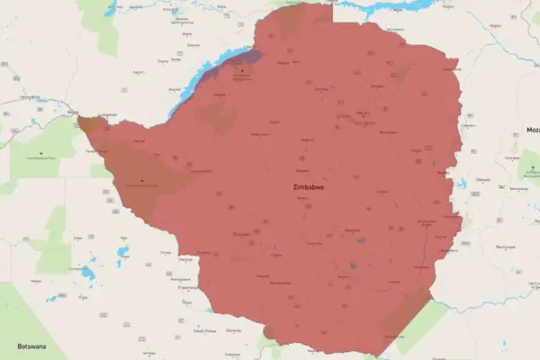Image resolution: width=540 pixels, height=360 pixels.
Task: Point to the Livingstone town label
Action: [108, 115]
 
